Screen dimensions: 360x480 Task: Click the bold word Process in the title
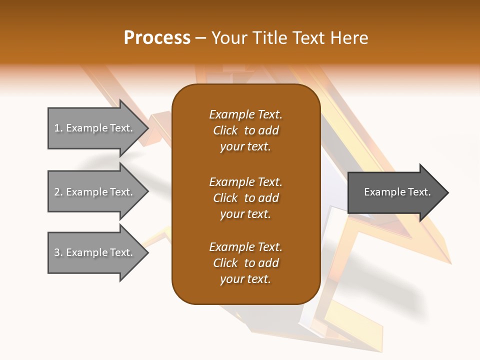[157, 38]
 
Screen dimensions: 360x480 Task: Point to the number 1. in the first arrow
[58, 128]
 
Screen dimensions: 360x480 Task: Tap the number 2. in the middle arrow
[58, 192]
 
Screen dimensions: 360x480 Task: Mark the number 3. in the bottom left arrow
[58, 253]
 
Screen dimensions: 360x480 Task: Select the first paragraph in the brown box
[245, 130]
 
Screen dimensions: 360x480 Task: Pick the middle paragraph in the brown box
[245, 197]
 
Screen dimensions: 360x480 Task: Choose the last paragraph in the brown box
[245, 263]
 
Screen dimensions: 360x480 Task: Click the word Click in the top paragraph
[225, 130]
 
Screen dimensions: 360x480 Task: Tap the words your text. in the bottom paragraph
[245, 279]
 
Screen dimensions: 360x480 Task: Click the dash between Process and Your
[200, 38]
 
